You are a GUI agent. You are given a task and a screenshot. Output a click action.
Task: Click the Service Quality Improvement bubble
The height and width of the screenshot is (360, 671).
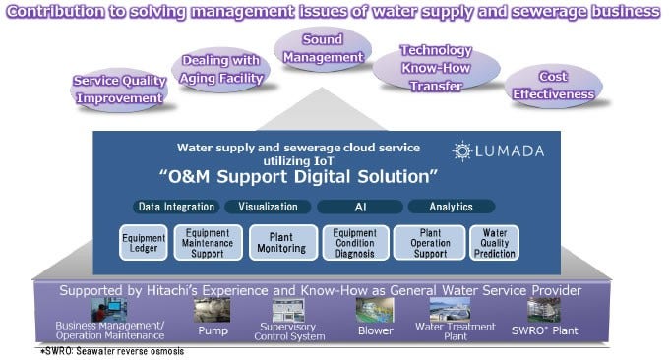pos(117,89)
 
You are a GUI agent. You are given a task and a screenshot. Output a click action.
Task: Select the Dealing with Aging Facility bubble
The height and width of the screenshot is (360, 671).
pos(221,71)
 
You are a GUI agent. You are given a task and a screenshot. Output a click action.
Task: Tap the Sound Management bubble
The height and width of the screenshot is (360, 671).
pos(323,49)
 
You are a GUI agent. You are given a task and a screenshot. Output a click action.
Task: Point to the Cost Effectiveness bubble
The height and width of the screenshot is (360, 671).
pos(553,86)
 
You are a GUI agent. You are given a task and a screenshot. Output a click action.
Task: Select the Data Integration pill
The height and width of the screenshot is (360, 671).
pos(176,207)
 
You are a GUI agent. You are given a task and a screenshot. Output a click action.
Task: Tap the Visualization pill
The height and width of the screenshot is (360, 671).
pos(268,207)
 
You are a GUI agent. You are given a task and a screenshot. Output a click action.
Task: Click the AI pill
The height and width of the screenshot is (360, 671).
pos(359,207)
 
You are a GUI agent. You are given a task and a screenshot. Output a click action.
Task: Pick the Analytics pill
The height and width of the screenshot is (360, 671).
pos(452,207)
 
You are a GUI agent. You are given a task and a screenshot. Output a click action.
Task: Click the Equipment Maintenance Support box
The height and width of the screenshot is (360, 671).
pos(208,243)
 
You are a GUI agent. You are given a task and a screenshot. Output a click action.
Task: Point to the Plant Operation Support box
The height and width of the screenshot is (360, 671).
pos(429,243)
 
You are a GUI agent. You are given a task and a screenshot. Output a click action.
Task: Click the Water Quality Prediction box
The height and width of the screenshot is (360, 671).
pos(494,243)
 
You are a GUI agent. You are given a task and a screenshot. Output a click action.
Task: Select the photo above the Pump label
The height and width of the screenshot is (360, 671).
pos(212,310)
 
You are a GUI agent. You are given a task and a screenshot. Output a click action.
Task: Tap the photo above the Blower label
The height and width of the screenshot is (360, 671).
pos(375,310)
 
